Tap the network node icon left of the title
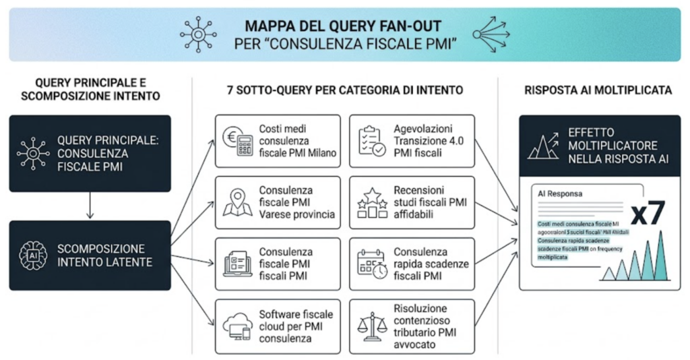click(198, 34)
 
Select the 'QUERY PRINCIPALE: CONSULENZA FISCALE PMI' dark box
click(90, 153)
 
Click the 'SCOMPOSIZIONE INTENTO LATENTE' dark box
click(90, 256)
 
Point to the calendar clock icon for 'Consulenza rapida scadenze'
click(371, 264)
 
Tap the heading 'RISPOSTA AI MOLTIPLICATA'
click(599, 90)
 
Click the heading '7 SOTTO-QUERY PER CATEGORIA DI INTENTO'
click(344, 90)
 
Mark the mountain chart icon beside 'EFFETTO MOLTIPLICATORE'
click(542, 145)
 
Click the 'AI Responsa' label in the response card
click(560, 193)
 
